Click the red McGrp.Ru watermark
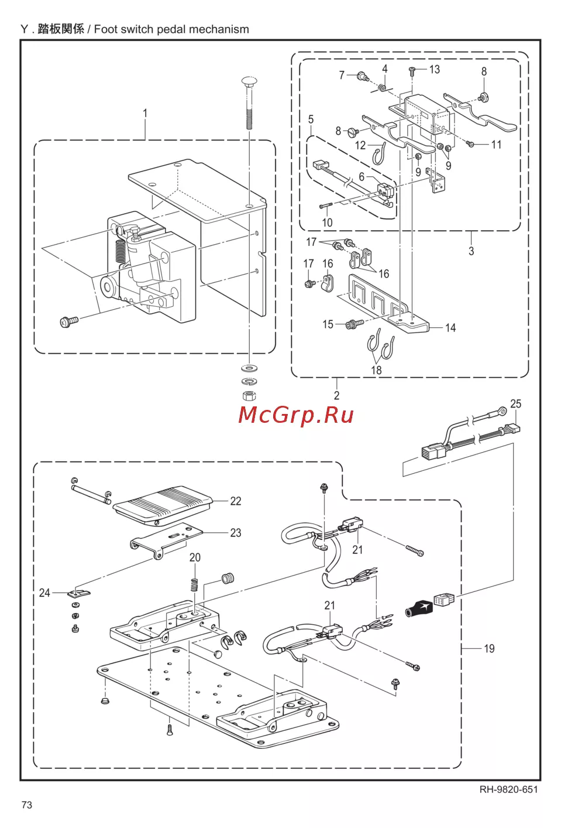point(296,415)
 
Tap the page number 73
point(27,805)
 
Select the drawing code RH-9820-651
point(508,789)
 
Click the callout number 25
point(515,404)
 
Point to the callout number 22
point(235,501)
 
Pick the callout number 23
point(235,533)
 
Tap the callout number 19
point(489,649)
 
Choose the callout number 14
point(450,328)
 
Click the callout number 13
point(434,70)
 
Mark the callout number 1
point(145,113)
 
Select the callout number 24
point(44,593)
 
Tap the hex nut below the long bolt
point(249,395)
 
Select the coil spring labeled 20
point(195,586)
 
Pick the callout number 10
point(327,223)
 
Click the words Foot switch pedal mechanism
point(171,29)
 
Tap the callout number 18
point(376,370)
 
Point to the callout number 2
point(336,395)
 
